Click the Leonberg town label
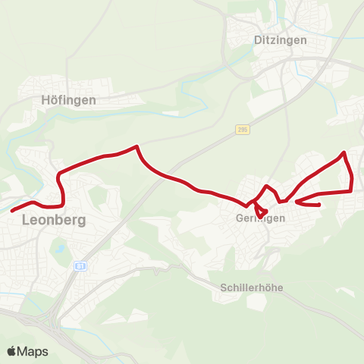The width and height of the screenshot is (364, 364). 54,221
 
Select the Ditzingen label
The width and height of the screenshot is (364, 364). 281,40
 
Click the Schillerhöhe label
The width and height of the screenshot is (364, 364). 253,287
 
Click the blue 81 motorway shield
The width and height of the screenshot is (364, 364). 80,266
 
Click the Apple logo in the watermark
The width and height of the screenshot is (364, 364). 11,351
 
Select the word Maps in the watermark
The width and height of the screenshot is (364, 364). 33,351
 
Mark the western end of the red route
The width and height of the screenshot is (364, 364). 11,210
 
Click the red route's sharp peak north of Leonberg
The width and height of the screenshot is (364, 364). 136,146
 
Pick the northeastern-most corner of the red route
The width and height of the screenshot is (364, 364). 345,152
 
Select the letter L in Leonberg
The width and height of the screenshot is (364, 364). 27,221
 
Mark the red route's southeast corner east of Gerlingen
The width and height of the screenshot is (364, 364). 353,190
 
